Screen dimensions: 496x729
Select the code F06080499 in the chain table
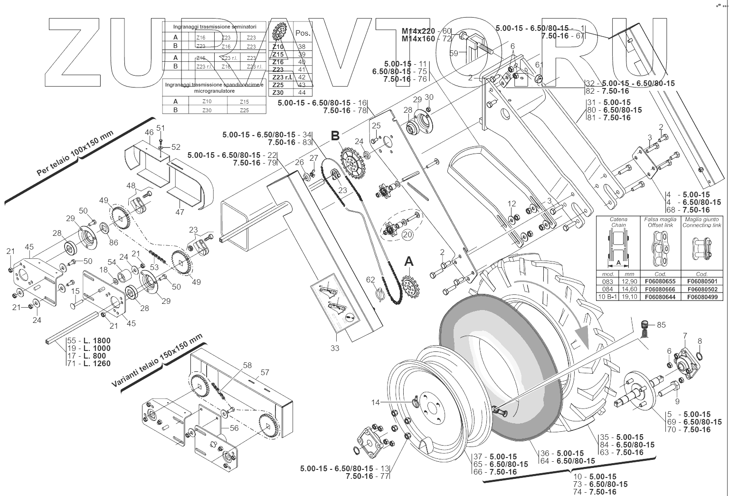[702, 297]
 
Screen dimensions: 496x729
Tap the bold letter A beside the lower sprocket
[408, 262]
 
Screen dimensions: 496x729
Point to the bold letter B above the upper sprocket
[335, 136]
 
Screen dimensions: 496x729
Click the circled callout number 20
[407, 234]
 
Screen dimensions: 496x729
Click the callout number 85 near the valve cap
[661, 325]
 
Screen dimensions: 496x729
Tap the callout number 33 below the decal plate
[335, 348]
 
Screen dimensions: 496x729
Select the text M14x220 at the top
[418, 31]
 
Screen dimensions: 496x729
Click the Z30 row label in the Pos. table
[278, 92]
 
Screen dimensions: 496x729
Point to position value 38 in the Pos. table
[302, 47]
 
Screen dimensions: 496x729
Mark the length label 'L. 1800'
[95, 340]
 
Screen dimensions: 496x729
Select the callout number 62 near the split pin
[370, 280]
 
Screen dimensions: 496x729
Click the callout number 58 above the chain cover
[247, 365]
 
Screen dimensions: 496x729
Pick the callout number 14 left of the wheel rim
[376, 402]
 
